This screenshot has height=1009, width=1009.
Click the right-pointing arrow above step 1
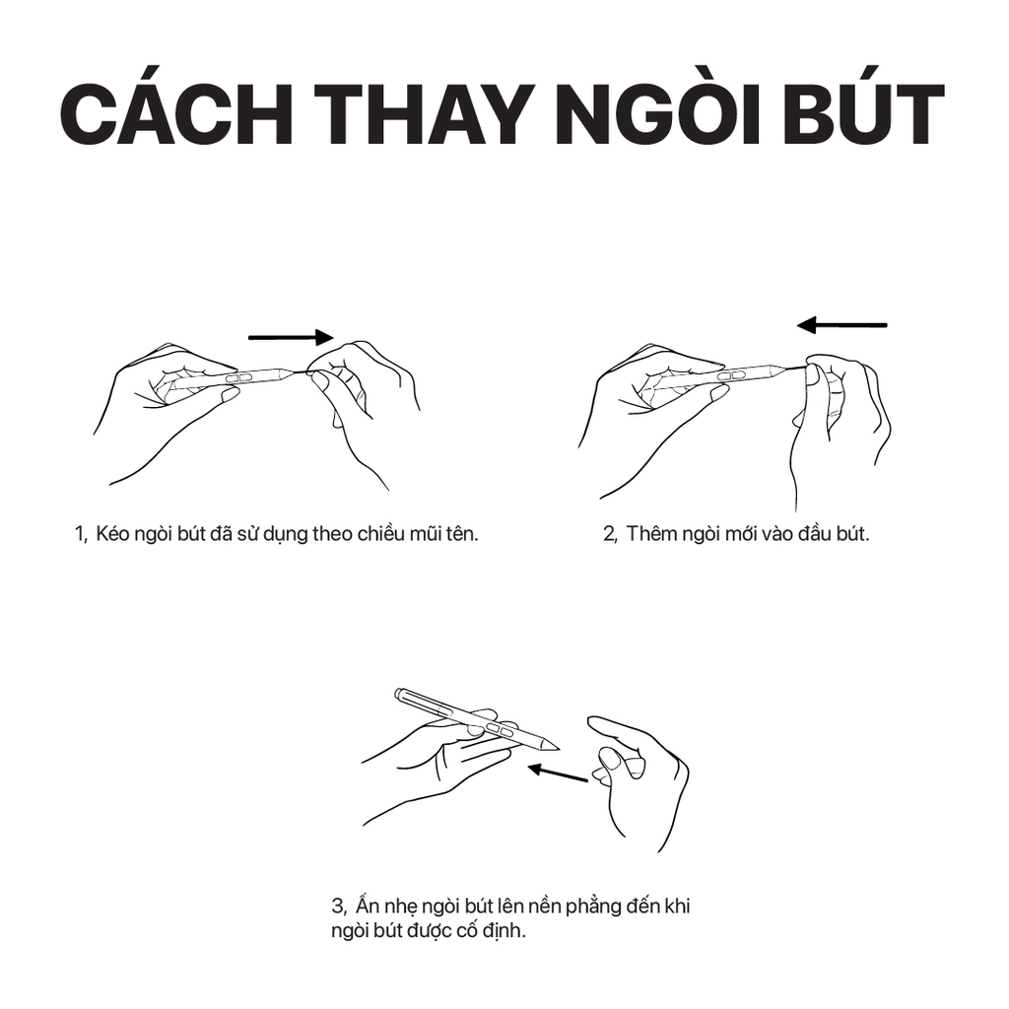click(291, 337)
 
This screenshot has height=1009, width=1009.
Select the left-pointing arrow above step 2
click(841, 325)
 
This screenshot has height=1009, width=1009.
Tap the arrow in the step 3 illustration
click(558, 774)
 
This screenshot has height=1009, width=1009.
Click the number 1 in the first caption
click(80, 534)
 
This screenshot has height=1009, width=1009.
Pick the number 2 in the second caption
click(609, 534)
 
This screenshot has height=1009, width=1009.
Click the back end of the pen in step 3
click(398, 695)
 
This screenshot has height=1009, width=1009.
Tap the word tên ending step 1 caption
click(461, 533)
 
